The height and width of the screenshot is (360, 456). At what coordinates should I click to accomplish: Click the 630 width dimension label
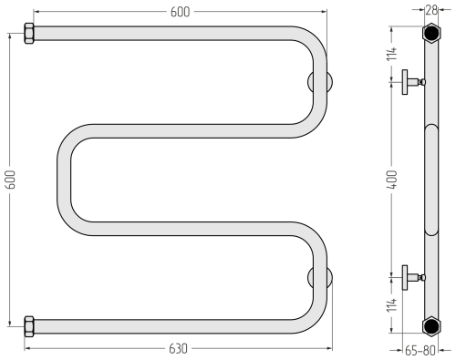tap(178, 349)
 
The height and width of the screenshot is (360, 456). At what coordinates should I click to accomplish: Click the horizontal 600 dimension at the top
tap(180, 12)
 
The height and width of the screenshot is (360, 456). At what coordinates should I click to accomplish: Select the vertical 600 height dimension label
tap(11, 180)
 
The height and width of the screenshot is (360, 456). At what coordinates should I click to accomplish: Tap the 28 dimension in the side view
tap(431, 10)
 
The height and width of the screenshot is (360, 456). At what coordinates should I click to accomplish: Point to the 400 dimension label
tap(392, 180)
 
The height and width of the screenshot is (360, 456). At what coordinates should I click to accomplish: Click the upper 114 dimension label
tap(392, 54)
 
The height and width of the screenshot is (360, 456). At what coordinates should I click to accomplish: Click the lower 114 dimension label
tap(392, 304)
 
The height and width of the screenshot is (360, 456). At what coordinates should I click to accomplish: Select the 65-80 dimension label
tap(420, 351)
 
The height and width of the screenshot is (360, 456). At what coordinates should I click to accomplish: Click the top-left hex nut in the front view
tap(29, 34)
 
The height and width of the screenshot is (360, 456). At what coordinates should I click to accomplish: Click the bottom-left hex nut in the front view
tap(29, 326)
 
